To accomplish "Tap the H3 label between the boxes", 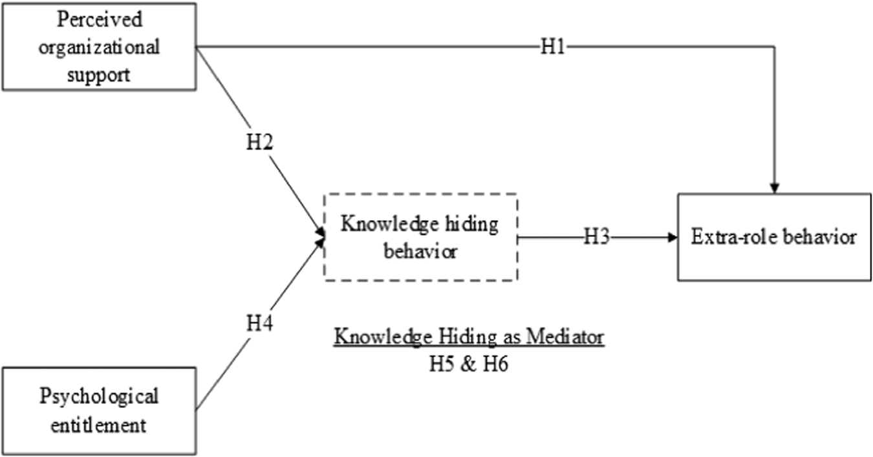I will point(596,237).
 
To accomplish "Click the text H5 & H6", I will point(469,364).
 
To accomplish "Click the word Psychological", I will point(99,396).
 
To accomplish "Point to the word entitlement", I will point(99,425).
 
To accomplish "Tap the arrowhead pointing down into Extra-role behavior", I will point(774,187).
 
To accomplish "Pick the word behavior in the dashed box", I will point(420,251).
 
